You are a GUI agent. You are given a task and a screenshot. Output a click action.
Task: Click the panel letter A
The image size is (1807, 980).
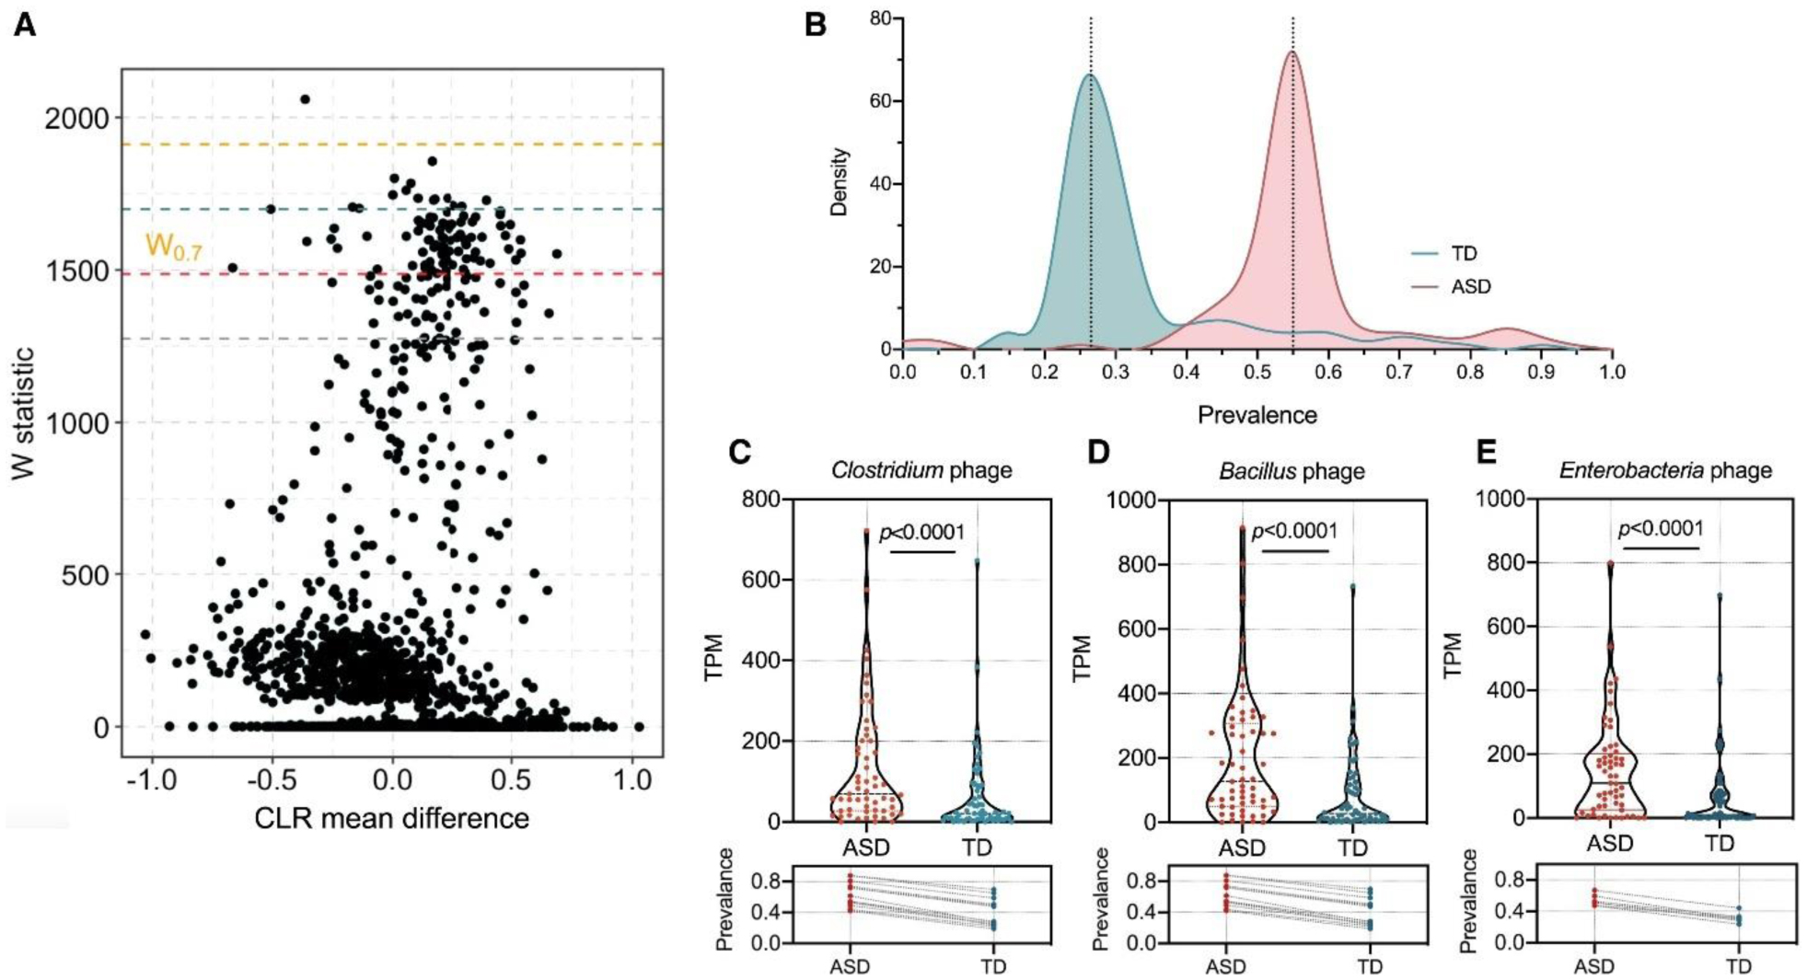[25, 26]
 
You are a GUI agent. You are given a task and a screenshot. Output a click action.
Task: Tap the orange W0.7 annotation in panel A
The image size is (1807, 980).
[173, 247]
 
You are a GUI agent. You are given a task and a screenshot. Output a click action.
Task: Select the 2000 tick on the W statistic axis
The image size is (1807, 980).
[76, 119]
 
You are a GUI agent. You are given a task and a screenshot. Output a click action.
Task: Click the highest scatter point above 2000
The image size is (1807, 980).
[306, 99]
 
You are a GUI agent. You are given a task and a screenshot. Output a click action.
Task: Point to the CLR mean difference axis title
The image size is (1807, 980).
[391, 818]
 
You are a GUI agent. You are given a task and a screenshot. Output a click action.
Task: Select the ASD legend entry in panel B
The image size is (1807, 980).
[1469, 286]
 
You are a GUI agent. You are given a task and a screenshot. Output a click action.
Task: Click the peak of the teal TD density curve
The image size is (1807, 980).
[1091, 75]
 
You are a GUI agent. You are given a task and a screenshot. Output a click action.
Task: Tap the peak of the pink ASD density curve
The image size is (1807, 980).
[1292, 52]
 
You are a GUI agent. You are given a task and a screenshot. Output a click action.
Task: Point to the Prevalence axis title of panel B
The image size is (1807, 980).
[1257, 415]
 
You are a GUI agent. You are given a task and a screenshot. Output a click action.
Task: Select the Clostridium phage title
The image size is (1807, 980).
[921, 470]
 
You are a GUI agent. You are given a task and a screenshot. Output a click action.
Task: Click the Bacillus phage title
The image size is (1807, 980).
[1292, 472]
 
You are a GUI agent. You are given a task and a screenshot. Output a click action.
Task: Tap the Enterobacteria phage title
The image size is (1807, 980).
[1665, 470]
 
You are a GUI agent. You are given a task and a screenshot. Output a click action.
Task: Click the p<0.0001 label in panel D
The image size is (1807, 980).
[1294, 531]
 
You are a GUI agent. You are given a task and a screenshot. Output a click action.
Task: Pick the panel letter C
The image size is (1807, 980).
[739, 452]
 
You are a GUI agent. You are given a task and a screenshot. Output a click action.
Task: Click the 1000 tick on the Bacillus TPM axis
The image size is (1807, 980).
[1137, 500]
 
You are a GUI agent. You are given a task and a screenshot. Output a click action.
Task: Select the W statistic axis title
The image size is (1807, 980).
[23, 412]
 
